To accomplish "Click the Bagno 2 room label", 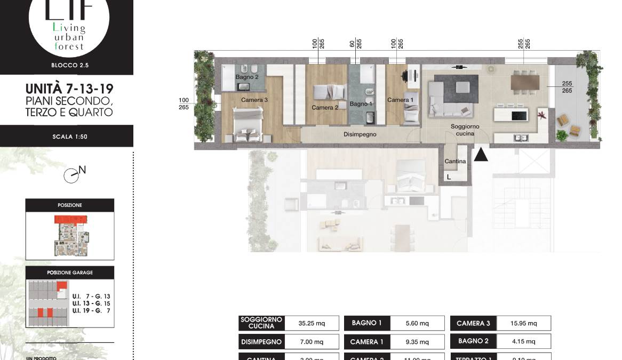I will [x=247, y=77].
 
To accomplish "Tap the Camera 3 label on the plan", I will [x=254, y=100].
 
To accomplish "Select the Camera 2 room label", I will [x=325, y=107].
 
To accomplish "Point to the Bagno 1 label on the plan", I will [x=361, y=103].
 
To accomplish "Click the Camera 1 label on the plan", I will [x=400, y=100].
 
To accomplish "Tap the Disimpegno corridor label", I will [x=360, y=134].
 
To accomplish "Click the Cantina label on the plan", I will [x=455, y=161].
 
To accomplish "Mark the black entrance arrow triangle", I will [x=481, y=155].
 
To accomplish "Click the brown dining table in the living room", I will [x=525, y=82].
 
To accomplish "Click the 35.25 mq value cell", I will [x=312, y=323].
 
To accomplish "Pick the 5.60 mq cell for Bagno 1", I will [x=417, y=323].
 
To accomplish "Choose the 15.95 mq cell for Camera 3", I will [x=523, y=323].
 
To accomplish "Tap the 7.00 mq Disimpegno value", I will [x=312, y=341].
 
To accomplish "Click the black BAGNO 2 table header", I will [x=473, y=341].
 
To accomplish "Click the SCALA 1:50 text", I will [x=69, y=137].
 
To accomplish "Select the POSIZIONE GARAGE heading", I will [x=69, y=273].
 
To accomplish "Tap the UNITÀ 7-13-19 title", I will [x=69, y=88].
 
